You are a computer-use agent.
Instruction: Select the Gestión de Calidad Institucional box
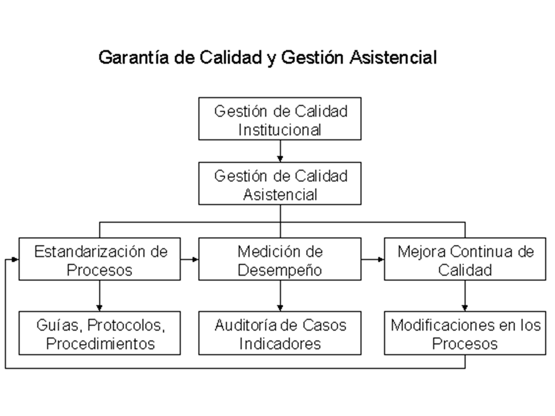(x=280, y=119)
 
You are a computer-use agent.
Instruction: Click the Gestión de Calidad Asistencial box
(x=280, y=183)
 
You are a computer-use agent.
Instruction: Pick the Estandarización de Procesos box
(x=99, y=259)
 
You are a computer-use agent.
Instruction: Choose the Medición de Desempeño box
(x=280, y=259)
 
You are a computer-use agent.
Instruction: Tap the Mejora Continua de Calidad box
(x=465, y=259)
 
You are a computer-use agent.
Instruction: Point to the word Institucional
(x=280, y=130)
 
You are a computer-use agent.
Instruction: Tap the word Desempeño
(x=280, y=270)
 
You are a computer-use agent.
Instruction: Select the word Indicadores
(x=280, y=344)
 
